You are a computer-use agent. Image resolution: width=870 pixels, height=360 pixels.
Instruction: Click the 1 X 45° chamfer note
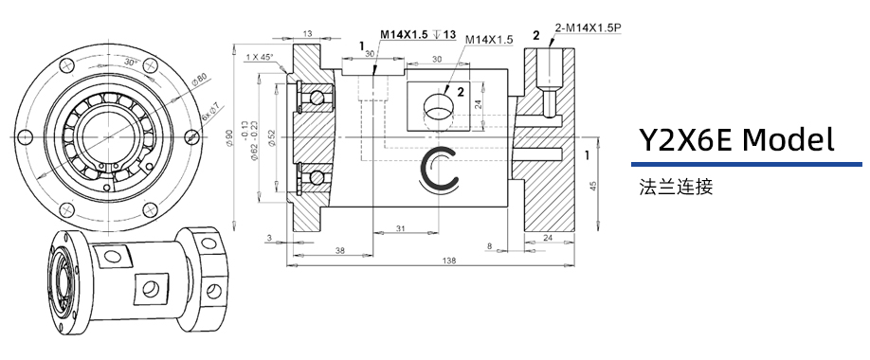pyautogui.click(x=258, y=58)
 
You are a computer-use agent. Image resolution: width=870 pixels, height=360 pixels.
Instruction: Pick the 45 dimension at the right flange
pyautogui.click(x=594, y=187)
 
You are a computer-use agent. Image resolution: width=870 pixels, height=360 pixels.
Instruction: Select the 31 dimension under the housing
pyautogui.click(x=401, y=229)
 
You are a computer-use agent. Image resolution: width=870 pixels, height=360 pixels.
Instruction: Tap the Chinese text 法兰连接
pyautogui.click(x=676, y=187)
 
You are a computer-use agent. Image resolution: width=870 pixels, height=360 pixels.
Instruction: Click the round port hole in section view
pyautogui.click(x=438, y=104)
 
